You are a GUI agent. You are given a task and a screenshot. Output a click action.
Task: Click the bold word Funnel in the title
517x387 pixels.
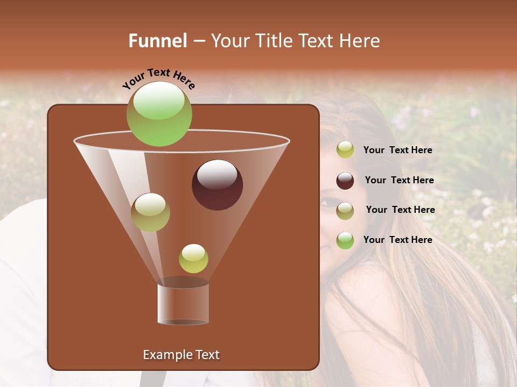tap(157, 41)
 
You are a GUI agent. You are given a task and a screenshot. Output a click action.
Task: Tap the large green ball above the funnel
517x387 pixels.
tap(159, 113)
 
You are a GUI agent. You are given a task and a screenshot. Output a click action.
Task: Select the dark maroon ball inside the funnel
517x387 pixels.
tap(217, 185)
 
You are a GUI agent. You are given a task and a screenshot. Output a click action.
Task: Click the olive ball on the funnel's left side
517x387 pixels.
tap(150, 212)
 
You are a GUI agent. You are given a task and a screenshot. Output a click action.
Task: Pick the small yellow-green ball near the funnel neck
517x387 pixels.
tap(193, 259)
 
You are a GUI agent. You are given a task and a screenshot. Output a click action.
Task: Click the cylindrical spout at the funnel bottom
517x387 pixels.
tap(183, 304)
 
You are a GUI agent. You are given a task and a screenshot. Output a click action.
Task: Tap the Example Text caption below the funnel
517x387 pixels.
tap(181, 355)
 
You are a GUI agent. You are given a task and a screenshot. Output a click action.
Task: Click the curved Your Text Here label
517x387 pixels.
tap(158, 78)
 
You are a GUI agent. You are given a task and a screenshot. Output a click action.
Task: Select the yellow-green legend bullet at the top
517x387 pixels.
tap(345, 150)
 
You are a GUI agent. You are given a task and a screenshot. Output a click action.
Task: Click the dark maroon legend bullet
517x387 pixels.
tap(345, 181)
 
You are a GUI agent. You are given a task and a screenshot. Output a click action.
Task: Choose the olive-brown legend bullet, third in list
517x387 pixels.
tap(345, 211)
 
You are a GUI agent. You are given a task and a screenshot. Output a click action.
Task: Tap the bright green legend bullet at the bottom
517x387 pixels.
tap(345, 240)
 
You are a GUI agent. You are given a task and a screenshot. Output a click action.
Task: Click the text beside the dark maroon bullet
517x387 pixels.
tap(399, 181)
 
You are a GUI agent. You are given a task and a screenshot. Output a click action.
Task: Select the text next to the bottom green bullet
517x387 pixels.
tap(397, 240)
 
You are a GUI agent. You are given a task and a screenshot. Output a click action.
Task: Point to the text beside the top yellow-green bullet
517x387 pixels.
tap(397, 150)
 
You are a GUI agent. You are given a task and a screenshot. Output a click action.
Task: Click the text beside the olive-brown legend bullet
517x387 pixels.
tap(400, 210)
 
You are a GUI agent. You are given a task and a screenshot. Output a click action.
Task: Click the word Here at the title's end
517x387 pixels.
tap(360, 41)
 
